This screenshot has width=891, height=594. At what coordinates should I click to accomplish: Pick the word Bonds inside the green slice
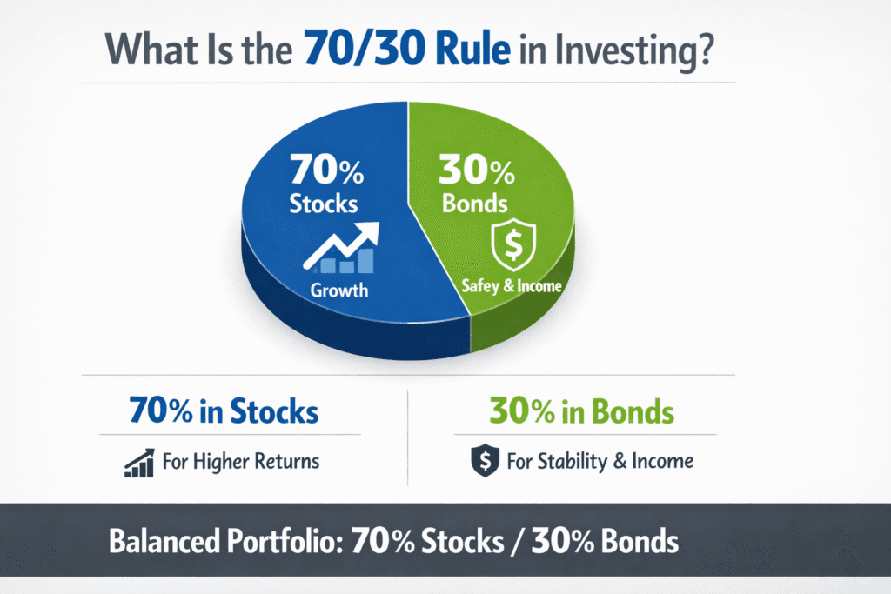[473, 205]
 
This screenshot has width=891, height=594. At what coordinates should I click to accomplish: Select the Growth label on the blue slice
[339, 290]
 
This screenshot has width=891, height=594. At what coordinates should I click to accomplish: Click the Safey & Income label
[511, 285]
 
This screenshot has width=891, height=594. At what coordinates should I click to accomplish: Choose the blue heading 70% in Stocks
[223, 410]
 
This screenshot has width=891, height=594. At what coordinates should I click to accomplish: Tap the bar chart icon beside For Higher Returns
[139, 462]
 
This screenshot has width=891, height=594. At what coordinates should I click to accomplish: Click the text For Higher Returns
[241, 461]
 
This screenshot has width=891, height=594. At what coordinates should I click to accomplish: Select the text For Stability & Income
[600, 461]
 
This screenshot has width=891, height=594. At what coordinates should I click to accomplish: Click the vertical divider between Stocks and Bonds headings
[408, 435]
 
